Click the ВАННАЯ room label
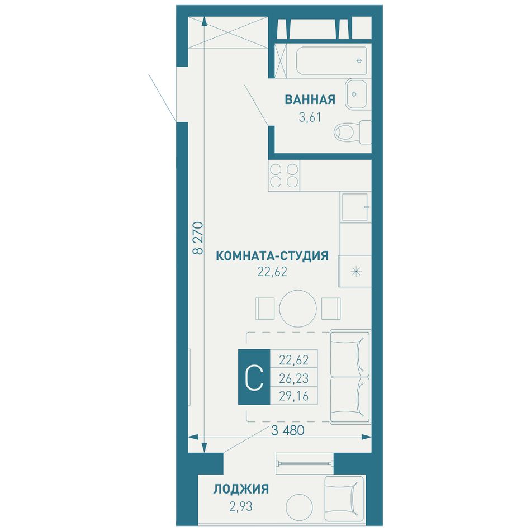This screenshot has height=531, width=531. pos(310,99)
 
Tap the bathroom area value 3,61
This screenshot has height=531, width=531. pos(310,117)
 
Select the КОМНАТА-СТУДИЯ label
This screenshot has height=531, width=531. pos(272,255)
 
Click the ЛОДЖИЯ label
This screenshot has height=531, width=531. pos(241,489)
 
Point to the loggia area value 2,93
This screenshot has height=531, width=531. pos(241,506)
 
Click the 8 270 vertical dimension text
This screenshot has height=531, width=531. pos(198,238)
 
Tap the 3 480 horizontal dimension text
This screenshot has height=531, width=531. pos(288,430)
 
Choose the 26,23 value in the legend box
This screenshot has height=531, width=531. pos(293,378)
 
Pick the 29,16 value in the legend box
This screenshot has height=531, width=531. pos(293,396)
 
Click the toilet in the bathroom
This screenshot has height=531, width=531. pos(352,132)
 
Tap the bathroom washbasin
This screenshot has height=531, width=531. pos(356,94)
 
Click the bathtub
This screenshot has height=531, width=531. pos(331,60)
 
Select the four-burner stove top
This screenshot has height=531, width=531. pos(284,176)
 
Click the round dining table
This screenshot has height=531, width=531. pos(298,309)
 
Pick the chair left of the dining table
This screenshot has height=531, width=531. pos(265,309)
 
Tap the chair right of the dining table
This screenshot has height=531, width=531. pos(331,309)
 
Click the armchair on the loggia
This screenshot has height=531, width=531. pos(344,499)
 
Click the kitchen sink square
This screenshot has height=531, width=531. pos(355,207)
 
